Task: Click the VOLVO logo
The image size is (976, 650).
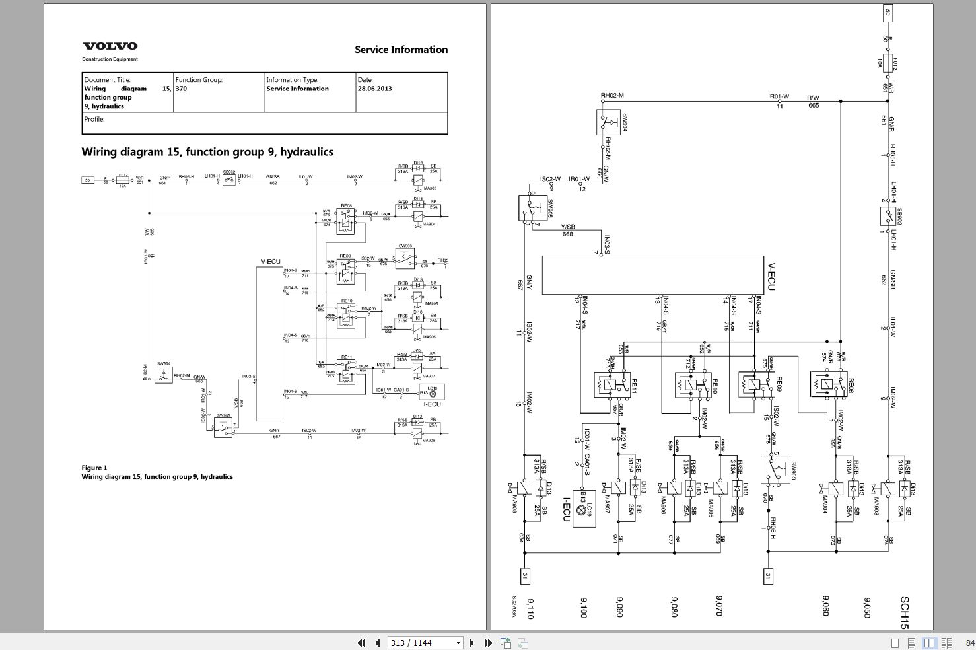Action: pos(110,46)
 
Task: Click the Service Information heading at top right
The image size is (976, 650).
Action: pos(401,50)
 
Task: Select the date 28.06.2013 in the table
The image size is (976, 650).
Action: pos(374,89)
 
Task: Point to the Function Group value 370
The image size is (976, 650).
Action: pos(181,89)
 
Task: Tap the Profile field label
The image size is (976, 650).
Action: pos(94,120)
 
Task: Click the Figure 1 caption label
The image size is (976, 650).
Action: pos(94,468)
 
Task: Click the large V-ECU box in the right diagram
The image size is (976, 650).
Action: pos(652,275)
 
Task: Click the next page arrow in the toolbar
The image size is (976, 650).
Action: pos(471,643)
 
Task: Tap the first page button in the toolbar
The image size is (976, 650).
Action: pos(361,643)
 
